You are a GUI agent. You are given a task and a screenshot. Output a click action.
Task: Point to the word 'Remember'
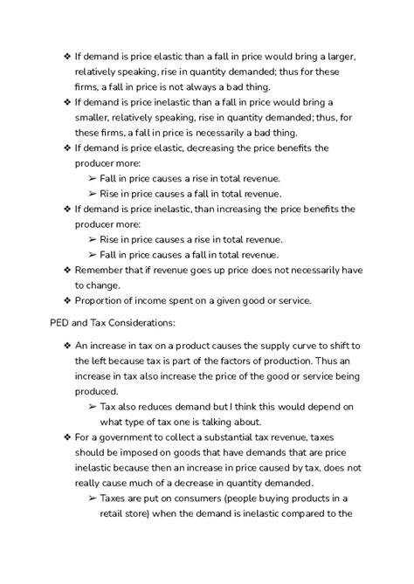103,270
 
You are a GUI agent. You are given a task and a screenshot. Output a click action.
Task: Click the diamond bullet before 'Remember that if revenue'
67,270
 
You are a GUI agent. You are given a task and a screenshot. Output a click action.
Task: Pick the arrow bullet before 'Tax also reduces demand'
93,407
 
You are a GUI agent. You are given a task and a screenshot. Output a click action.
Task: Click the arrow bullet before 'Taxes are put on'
93,498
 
